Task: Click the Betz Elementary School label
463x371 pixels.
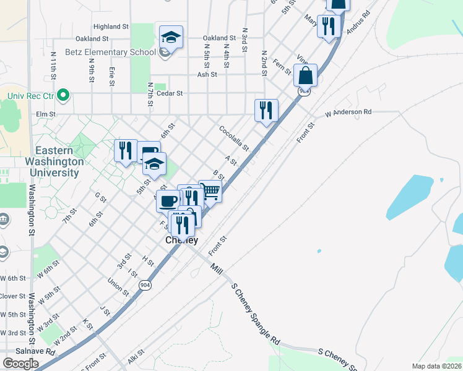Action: (117, 53)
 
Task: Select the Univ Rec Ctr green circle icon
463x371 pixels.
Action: (63, 95)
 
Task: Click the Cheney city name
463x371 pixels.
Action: (181, 241)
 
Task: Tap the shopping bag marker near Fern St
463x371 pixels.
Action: (305, 76)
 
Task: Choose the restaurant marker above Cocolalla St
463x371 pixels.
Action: (266, 111)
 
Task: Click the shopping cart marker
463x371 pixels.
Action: (210, 192)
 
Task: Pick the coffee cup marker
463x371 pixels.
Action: (168, 201)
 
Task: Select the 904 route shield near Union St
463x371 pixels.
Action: (145, 284)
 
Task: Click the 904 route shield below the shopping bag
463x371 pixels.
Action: (303, 92)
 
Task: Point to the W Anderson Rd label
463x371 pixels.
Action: (348, 113)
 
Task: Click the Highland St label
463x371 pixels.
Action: (110, 27)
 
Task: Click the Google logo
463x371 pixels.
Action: (20, 364)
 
